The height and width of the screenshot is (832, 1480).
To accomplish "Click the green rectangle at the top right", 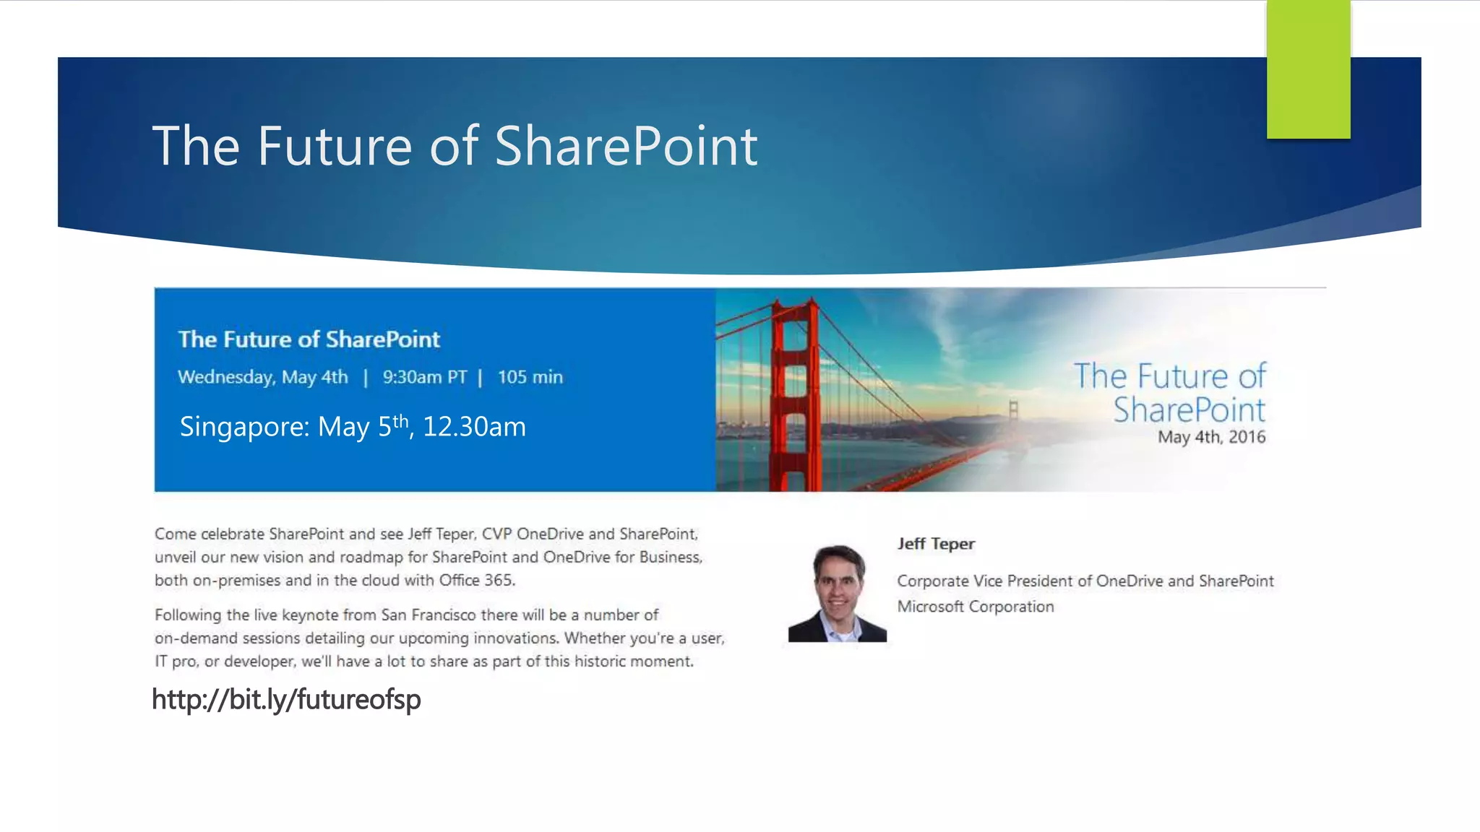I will point(1308,69).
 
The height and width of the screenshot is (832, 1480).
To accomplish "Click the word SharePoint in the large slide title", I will point(626,146).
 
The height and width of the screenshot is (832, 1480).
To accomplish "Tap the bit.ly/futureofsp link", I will point(286,699).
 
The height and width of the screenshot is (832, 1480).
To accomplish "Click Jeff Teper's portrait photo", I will point(837,594).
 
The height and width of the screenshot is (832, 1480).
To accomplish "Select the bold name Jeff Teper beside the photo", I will point(936,544).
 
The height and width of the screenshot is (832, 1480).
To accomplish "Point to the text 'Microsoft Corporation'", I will point(975,607).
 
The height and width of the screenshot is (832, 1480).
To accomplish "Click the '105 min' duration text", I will point(530,377).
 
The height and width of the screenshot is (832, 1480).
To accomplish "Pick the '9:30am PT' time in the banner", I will point(424,377).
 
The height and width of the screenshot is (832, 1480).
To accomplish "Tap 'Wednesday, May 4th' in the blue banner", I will point(262,377).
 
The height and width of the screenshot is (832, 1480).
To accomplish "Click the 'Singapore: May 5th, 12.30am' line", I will point(353,427).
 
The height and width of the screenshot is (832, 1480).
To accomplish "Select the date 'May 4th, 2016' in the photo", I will point(1211,437).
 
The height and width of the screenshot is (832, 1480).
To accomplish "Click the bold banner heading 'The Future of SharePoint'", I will point(309,339).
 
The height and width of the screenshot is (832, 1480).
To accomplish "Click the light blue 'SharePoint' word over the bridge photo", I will point(1189,409).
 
